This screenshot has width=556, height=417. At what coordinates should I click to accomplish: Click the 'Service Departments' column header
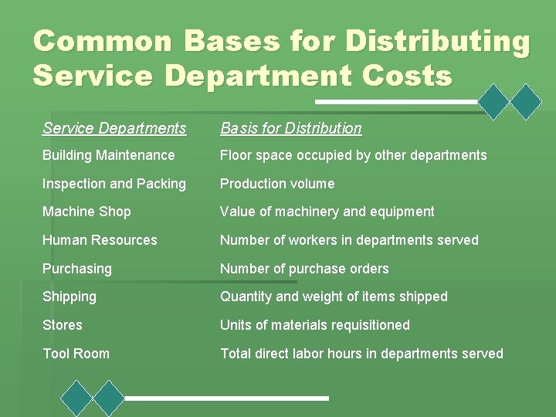114,128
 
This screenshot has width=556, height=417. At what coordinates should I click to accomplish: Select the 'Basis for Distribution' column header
290,128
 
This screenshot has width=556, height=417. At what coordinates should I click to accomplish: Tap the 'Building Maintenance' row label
108,155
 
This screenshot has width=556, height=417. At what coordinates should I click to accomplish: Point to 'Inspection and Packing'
114,184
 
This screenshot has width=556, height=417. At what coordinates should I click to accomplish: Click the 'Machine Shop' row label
86,212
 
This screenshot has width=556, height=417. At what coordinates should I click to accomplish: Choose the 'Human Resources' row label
100,240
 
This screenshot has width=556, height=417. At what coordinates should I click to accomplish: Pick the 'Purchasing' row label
76,269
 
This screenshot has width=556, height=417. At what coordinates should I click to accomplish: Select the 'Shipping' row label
69,297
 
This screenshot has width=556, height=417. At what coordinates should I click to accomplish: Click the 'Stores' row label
62,325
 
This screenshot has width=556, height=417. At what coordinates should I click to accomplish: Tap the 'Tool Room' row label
76,354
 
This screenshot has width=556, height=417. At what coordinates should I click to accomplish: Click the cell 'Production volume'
277,184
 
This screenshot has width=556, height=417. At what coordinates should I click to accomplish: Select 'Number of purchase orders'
304,269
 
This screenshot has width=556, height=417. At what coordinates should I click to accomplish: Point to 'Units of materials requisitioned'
315,325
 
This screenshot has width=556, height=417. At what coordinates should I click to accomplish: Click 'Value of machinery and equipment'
327,212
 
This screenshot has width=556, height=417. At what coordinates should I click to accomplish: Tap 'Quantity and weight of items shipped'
334,297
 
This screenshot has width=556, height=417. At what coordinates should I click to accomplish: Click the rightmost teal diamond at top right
527,101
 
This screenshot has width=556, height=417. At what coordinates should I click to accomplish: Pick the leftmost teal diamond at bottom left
76,398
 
